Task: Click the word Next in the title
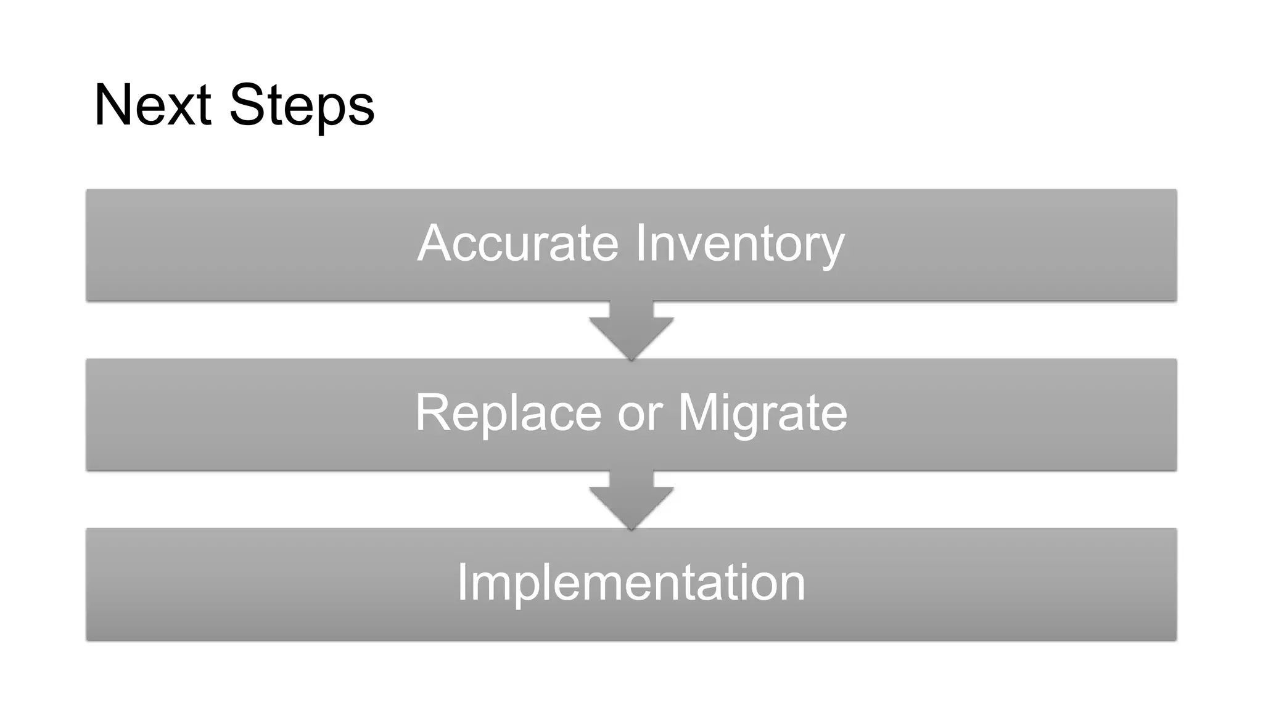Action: (x=152, y=105)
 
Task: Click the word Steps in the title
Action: (x=302, y=105)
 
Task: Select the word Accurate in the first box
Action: (x=517, y=243)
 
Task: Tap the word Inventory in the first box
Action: (x=739, y=243)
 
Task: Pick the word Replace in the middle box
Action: (x=508, y=413)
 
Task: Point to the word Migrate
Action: (x=762, y=413)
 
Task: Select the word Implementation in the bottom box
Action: (x=631, y=582)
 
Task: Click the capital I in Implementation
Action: (x=463, y=582)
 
